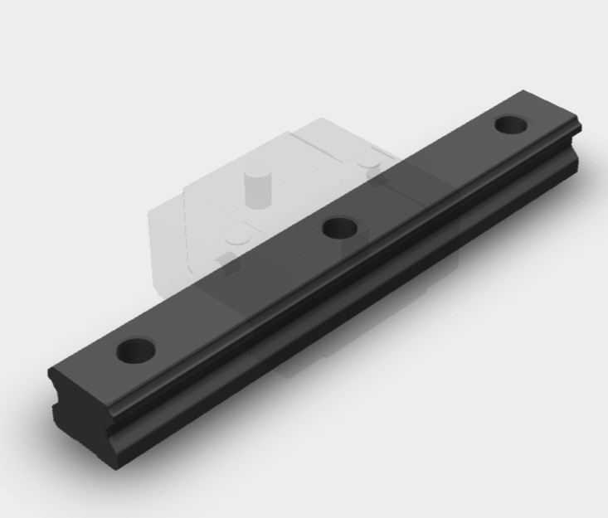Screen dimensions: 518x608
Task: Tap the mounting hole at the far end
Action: pos(512,124)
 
